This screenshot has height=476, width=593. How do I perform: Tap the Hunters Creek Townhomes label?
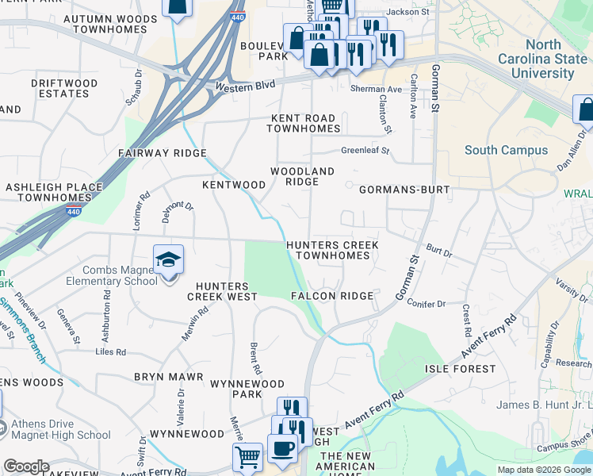[331, 251]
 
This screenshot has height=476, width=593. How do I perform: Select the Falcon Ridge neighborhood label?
[332, 296]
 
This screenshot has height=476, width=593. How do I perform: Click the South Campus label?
[506, 150]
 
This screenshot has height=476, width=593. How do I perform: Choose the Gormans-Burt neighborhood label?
[404, 190]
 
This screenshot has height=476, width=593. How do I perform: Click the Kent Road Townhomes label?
[305, 123]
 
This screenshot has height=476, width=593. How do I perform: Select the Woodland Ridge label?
[302, 176]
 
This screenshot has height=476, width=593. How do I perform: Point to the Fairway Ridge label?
[162, 153]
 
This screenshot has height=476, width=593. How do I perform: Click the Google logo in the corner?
[26, 466]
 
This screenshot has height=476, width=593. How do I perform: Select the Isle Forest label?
[460, 369]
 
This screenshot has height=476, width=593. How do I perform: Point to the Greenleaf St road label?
[365, 150]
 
